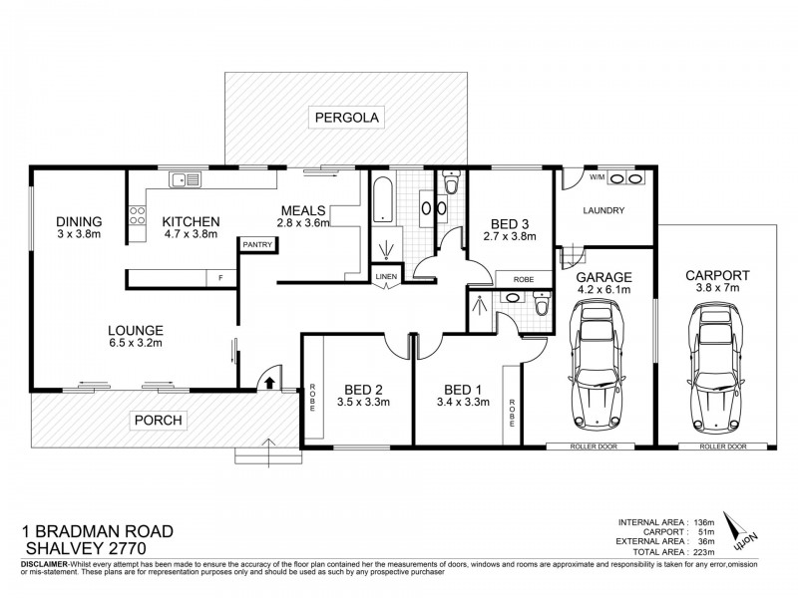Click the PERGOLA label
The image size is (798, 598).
coord(347,118)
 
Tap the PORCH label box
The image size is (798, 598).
coord(159,421)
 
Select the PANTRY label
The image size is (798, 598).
coord(257,244)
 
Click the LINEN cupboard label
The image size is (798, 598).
coord(386,277)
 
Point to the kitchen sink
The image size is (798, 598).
coord(186,179)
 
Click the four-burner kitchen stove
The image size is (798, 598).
coord(137,215)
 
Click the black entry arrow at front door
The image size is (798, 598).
coord(270,383)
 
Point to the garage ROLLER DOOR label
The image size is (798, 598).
coord(594,447)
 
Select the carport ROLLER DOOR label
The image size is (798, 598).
coord(723,447)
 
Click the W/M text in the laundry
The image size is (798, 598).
coord(597,177)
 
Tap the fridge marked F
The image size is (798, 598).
coord(220,278)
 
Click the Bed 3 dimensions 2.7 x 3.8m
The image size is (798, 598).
coord(510,236)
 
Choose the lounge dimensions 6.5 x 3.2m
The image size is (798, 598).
coord(136,343)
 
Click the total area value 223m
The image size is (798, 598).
coord(703,552)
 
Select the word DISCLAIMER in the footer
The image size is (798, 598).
coord(44,564)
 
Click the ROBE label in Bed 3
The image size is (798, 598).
coord(524,280)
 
